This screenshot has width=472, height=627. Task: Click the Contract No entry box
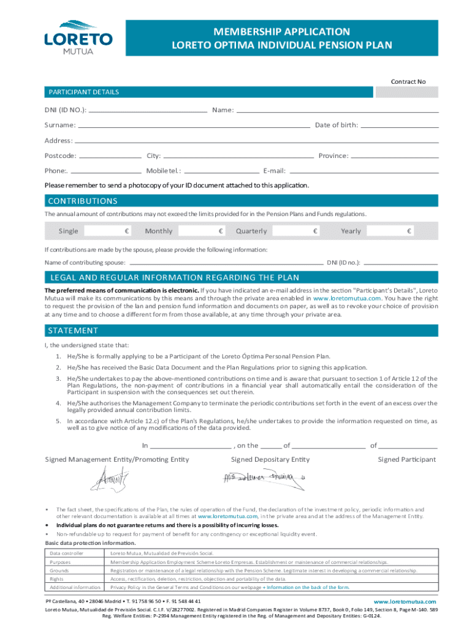pyautogui.click(x=406, y=92)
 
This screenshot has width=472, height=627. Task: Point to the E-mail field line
pyautogui.click(x=364, y=171)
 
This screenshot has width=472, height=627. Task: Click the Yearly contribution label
pyautogui.click(x=351, y=231)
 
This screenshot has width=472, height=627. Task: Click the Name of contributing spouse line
pyautogui.click(x=225, y=262)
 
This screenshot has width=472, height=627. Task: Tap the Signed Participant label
pyautogui.click(x=406, y=459)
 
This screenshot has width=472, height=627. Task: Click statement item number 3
pyautogui.click(x=57, y=378)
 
